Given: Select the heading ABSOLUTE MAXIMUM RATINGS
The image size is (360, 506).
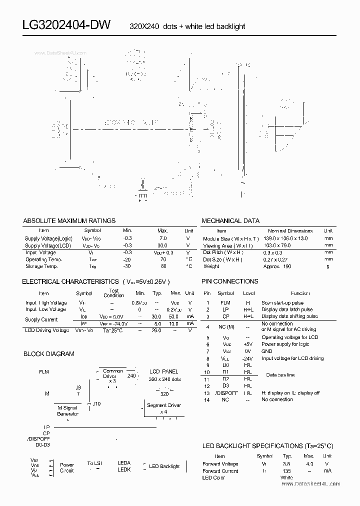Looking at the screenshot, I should coord(69,220).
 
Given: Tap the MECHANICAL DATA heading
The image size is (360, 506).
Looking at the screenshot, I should coord(230,220).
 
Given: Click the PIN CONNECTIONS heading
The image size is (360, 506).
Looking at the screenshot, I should coord(229,281).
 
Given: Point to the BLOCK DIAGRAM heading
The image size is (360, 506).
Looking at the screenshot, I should coord(49,353).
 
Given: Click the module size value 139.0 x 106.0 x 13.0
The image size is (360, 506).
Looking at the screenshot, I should coord(285,238).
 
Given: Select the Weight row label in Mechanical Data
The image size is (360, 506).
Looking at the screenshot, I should coord(211,266).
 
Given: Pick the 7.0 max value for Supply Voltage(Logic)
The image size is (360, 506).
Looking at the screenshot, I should coord(162,238).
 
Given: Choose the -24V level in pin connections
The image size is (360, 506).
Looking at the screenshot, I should coord(247,358).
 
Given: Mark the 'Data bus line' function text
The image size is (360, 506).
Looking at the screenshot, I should coord(280,375).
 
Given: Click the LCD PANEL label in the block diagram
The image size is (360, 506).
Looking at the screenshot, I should coord(164,372).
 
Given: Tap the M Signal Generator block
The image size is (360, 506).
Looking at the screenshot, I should coord(67,411).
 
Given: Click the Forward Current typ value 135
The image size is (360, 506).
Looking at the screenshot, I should coord(286,470).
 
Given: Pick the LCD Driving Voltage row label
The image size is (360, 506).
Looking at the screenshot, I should coord(47,330).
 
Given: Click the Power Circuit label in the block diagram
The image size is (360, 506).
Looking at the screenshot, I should coord(67,467).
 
